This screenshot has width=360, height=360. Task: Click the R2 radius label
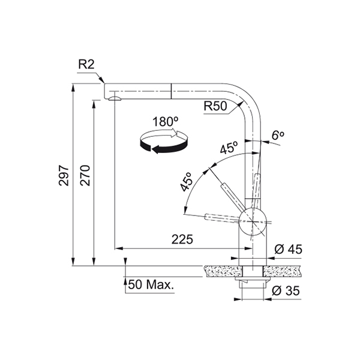[86, 65]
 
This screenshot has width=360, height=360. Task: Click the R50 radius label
[215, 106]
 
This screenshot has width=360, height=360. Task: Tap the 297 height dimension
[64, 175]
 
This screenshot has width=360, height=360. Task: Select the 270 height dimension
[85, 175]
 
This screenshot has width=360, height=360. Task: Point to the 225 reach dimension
[182, 239]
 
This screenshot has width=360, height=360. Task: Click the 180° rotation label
[166, 122]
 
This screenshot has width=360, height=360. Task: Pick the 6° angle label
[278, 136]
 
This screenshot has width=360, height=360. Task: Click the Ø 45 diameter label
[289, 249]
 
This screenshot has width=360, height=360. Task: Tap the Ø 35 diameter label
[286, 290]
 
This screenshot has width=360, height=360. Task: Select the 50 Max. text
[151, 284]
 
